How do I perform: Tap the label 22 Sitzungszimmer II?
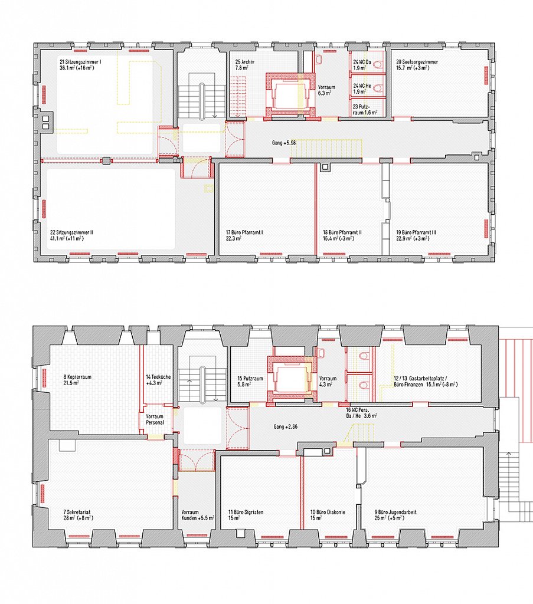(73, 236)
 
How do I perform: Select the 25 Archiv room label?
(244, 64)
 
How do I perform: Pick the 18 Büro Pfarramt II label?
(342, 236)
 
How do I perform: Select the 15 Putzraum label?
(248, 381)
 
